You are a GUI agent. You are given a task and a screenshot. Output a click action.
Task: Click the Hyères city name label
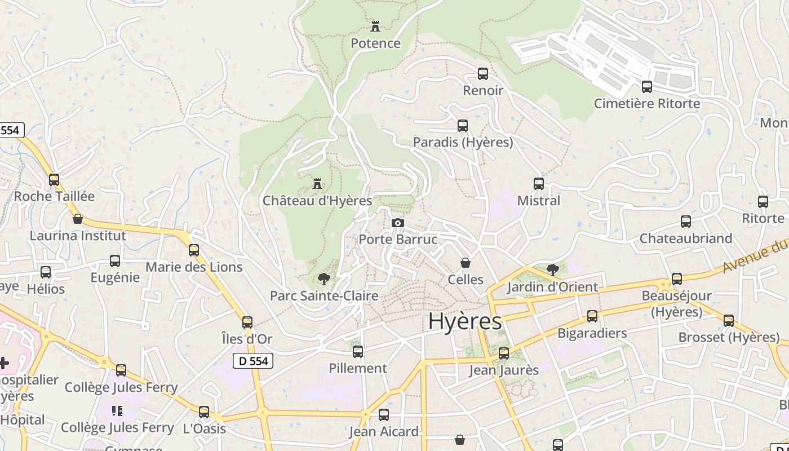pyautogui.click(x=465, y=321)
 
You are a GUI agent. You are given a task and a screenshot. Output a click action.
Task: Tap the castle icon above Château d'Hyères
pyautogui.click(x=317, y=184)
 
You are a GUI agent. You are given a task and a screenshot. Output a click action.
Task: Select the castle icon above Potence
pyautogui.click(x=375, y=26)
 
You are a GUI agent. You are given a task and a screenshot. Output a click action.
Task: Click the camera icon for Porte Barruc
pyautogui.click(x=398, y=223)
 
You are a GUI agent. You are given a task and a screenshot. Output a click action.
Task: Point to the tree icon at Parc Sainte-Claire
pyautogui.click(x=324, y=278)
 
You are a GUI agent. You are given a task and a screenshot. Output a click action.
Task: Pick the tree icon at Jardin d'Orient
pyautogui.click(x=553, y=269)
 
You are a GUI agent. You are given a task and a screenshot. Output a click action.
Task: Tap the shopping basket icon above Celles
pyautogui.click(x=466, y=263)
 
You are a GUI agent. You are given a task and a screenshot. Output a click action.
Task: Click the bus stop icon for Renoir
pyautogui.click(x=483, y=74)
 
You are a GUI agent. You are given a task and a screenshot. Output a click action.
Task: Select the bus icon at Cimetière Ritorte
pyautogui.click(x=647, y=87)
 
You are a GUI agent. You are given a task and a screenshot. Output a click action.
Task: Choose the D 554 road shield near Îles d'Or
pyautogui.click(x=253, y=361)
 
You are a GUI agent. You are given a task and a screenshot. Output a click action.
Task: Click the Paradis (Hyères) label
pyautogui.click(x=463, y=142)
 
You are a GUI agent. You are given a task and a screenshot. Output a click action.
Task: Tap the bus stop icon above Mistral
pyautogui.click(x=539, y=184)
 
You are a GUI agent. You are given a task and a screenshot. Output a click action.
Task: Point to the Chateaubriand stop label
pyautogui.click(x=686, y=238)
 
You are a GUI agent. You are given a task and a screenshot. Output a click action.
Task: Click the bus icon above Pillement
pyautogui.click(x=358, y=352)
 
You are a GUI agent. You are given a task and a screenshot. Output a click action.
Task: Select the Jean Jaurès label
pyautogui.click(x=504, y=370)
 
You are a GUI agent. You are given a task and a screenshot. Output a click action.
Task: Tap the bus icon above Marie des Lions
pyautogui.click(x=194, y=250)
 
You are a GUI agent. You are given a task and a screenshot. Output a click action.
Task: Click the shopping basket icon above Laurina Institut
pyautogui.click(x=78, y=219)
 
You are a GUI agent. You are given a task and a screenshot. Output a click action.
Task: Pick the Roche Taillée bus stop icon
pyautogui.click(x=54, y=180)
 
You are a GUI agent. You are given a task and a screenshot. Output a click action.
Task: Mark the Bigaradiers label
pyautogui.click(x=592, y=333)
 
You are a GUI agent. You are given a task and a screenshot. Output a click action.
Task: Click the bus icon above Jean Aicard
pyautogui.click(x=384, y=415)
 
